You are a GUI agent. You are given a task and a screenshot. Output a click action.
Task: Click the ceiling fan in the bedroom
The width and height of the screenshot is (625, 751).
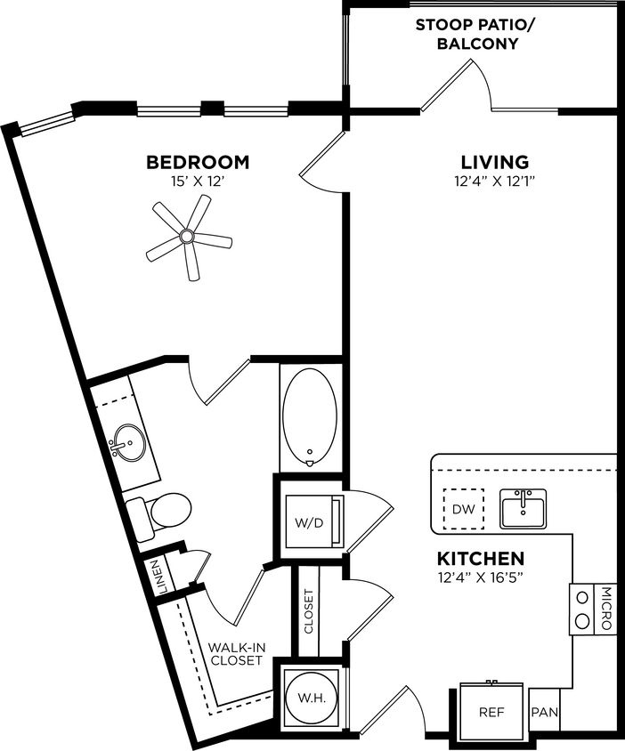point(187,237)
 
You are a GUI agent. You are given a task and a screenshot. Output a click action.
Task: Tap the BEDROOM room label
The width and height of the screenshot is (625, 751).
point(198,163)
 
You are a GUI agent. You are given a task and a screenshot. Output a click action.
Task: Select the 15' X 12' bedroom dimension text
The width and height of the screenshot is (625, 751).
point(198,182)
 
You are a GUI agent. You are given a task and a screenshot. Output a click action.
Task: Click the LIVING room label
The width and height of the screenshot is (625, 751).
point(494,163)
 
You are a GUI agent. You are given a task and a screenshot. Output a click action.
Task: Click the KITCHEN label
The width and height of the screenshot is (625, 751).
point(479,560)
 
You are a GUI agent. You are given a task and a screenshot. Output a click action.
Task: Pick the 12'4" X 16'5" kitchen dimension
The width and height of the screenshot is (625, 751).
point(479,579)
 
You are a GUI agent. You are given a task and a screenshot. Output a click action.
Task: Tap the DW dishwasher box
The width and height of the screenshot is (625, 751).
point(463,510)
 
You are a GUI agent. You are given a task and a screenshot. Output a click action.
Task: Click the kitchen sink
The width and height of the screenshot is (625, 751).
point(523,508)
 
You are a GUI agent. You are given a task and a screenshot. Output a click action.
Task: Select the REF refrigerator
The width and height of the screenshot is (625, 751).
point(492,713)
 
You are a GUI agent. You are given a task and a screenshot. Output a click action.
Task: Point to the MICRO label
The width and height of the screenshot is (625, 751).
point(606,610)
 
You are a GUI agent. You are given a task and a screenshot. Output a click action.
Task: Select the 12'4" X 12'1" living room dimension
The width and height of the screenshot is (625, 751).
point(494,182)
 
